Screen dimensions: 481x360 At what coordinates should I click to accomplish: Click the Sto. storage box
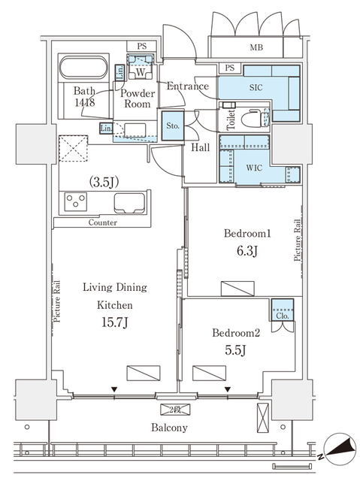pyautogui.click(x=173, y=126)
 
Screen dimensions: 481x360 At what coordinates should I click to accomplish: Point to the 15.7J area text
pyautogui.click(x=113, y=323)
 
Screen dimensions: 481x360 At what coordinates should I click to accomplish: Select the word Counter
pyautogui.click(x=102, y=223)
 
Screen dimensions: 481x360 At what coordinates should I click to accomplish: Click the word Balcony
pyautogui.click(x=169, y=428)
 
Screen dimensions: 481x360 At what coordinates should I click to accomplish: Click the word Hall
pyautogui.click(x=199, y=148)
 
